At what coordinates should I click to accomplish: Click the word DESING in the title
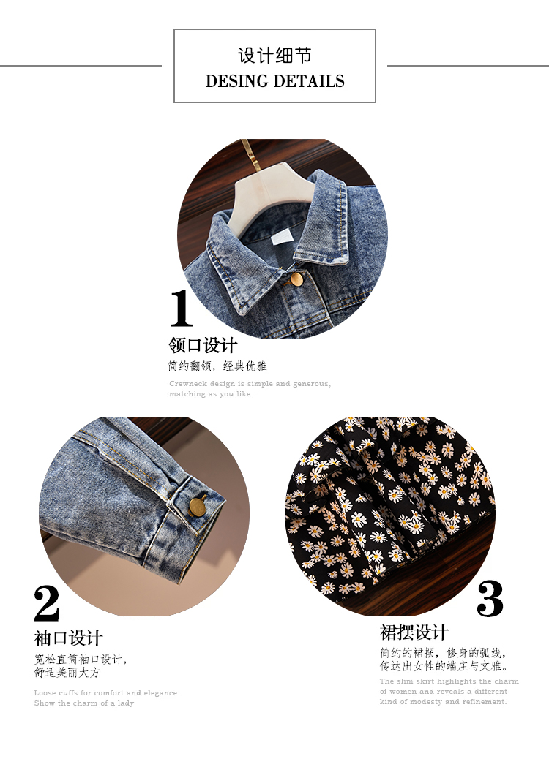(237, 80)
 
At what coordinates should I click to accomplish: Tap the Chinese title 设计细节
(274, 56)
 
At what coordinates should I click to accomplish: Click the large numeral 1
(182, 308)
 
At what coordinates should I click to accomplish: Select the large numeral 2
(47, 604)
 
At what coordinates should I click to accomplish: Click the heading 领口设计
(203, 345)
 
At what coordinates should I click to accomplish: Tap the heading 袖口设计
(69, 638)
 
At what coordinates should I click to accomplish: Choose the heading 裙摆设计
(414, 632)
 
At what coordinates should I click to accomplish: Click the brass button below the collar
(296, 279)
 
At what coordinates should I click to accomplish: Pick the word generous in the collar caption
(312, 384)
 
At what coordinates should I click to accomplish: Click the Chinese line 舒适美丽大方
(67, 673)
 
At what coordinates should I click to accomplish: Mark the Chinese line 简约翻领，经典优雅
(217, 366)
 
